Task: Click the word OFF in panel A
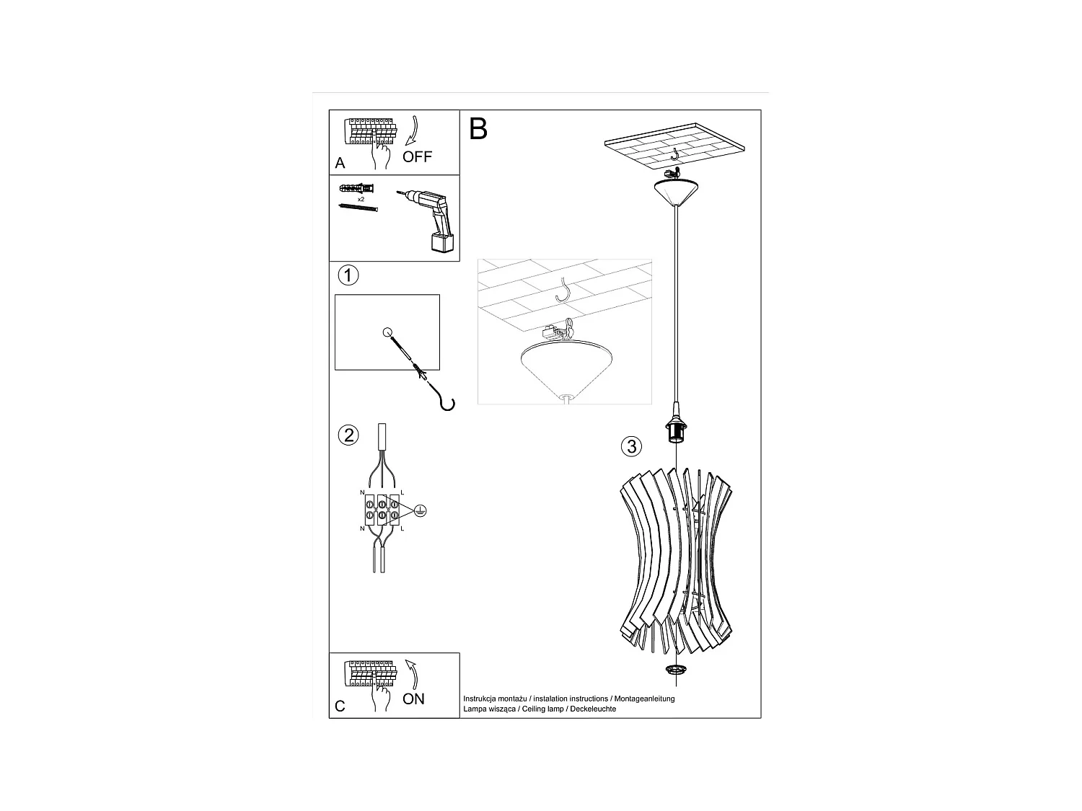coord(417,156)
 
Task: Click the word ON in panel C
coord(413,699)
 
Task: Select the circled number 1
coord(348,275)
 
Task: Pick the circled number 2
coord(348,435)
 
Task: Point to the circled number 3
coord(631,446)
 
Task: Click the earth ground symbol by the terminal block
coord(421,510)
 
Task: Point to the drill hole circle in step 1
coord(387,333)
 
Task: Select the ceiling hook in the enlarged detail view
coord(564,289)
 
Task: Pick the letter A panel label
coord(340,164)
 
